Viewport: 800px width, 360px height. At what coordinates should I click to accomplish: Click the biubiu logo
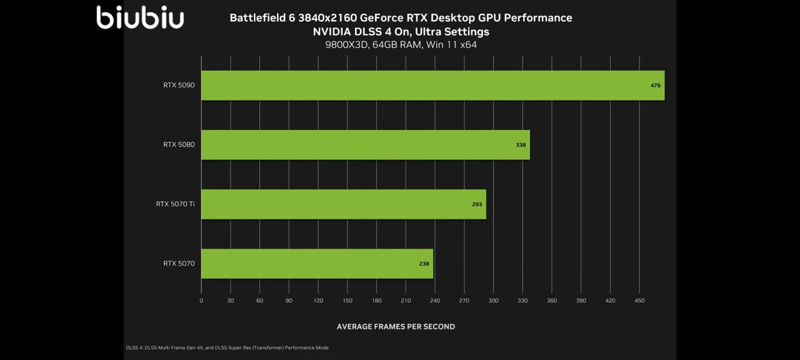click(140, 17)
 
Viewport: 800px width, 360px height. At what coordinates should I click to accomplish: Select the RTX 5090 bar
click(432, 85)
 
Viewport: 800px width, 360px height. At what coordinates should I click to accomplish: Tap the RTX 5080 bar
click(365, 144)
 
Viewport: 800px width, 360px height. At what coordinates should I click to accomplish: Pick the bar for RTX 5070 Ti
click(343, 204)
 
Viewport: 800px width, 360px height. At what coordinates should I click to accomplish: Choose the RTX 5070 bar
click(317, 264)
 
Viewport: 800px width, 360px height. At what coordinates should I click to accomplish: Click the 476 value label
click(655, 85)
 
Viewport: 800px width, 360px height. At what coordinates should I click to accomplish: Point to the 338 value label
click(521, 145)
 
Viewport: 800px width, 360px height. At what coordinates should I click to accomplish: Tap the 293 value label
click(477, 204)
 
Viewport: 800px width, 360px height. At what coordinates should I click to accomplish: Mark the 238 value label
click(424, 264)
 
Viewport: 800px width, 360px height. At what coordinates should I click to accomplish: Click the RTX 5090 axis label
click(179, 85)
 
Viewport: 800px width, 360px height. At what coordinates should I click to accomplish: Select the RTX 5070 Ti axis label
click(175, 204)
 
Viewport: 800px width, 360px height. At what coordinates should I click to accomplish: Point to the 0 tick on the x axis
click(201, 301)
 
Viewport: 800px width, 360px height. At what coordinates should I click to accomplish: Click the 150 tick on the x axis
click(347, 301)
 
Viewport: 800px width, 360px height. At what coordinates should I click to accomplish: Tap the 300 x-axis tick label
click(493, 301)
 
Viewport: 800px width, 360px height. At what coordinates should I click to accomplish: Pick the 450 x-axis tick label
click(639, 301)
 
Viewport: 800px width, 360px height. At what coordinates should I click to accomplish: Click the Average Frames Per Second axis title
click(396, 326)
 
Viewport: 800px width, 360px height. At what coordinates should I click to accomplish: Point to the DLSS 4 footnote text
click(227, 347)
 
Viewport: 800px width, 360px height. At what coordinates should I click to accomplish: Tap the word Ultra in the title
click(416, 31)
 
